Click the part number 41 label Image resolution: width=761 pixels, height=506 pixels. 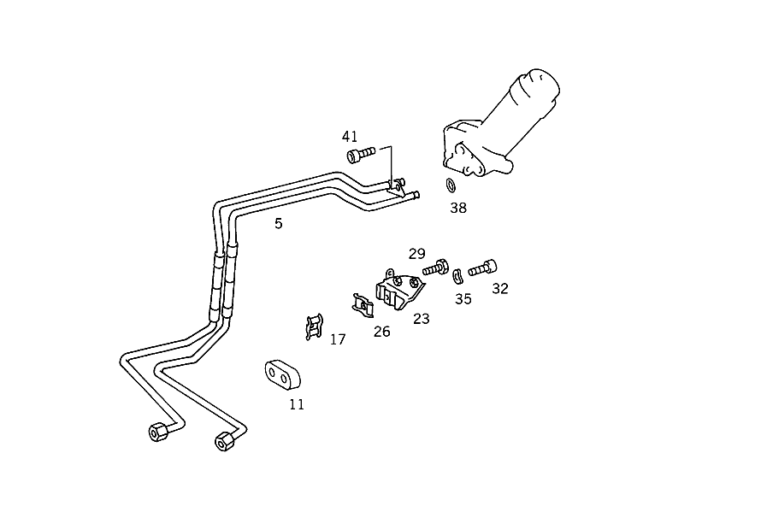coord(350,137)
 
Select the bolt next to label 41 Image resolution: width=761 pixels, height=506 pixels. coord(361,154)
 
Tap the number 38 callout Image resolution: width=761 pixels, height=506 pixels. coord(458,208)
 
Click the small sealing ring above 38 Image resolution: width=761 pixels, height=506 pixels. coord(451,185)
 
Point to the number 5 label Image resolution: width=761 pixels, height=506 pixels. coord(278,223)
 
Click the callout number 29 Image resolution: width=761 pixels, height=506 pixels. coord(417,254)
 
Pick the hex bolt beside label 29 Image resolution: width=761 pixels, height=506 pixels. coord(435,268)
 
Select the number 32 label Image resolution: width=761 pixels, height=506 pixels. coord(500,289)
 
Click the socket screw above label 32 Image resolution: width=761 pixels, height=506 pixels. coord(482,268)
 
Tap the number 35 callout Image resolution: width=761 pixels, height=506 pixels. coord(463,299)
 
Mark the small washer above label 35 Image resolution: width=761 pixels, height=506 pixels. coord(457,275)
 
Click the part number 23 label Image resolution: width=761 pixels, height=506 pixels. coord(422,319)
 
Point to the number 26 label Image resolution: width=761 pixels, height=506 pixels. coord(382,332)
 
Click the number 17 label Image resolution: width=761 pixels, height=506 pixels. coord(338,339)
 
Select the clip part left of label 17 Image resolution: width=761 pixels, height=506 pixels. coord(315,327)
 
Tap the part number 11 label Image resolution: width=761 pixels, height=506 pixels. coord(297,404)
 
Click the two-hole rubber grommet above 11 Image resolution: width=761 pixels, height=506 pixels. coord(282,375)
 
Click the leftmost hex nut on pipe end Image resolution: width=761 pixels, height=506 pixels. coord(159,432)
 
